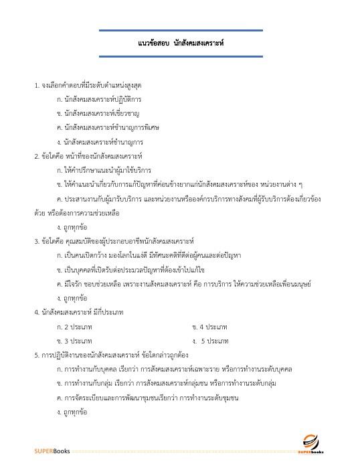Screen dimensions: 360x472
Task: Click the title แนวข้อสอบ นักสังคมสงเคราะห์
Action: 180,42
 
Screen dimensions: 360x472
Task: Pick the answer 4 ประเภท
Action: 209,326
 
